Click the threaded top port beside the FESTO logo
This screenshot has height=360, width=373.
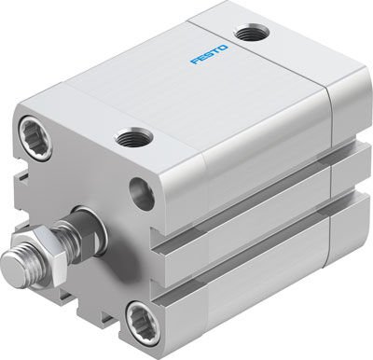[250, 35]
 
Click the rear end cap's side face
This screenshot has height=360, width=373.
[347, 187]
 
